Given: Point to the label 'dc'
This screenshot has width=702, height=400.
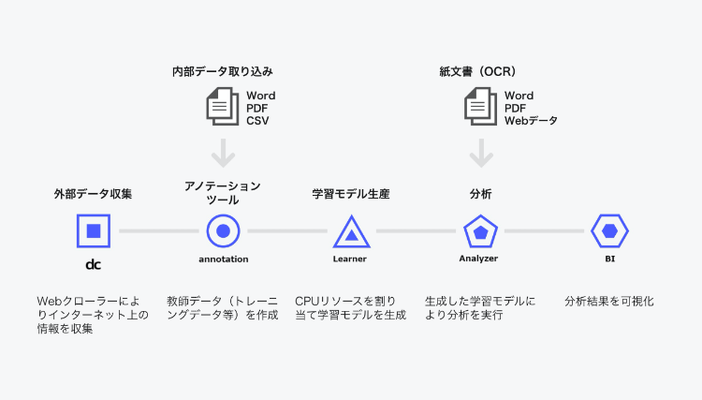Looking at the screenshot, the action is click(93, 265).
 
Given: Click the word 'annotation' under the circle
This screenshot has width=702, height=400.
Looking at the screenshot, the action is click(224, 259).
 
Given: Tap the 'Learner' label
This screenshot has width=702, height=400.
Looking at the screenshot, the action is click(350, 259).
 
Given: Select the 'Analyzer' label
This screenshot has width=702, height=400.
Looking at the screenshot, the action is click(478, 259).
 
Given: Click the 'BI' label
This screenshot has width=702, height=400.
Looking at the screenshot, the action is click(609, 259).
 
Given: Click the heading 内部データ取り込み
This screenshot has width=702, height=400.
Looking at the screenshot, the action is click(223, 72).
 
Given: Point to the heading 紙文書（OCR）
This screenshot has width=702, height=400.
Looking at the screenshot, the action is click(477, 72).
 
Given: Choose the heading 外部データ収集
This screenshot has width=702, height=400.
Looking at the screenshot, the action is click(93, 194).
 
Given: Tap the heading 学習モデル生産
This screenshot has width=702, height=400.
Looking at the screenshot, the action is click(351, 194).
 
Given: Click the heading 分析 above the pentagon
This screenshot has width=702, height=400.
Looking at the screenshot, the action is click(481, 194).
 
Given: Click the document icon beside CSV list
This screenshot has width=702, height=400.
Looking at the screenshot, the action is click(223, 107).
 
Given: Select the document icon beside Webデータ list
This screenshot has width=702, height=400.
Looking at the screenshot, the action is click(481, 107).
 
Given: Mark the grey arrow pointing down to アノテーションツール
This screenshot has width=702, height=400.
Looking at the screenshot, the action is click(223, 154).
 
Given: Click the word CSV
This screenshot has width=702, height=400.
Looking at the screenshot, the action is click(257, 121).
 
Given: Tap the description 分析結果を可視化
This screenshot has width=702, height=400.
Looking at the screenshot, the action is click(609, 302).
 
